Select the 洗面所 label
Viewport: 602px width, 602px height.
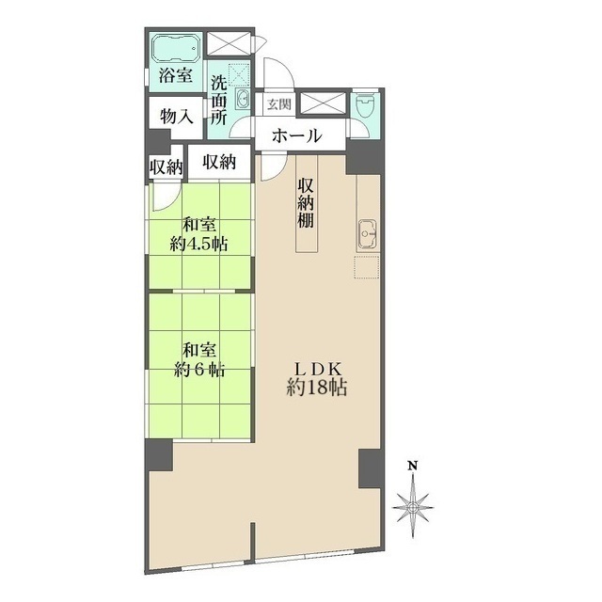(219, 99)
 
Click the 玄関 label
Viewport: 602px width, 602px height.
(278, 104)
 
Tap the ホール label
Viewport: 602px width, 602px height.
(296, 136)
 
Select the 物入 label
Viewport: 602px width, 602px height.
(177, 118)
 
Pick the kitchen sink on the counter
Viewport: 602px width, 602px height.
(368, 230)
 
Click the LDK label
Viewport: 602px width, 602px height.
(315, 368)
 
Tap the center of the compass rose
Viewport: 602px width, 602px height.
(412, 505)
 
